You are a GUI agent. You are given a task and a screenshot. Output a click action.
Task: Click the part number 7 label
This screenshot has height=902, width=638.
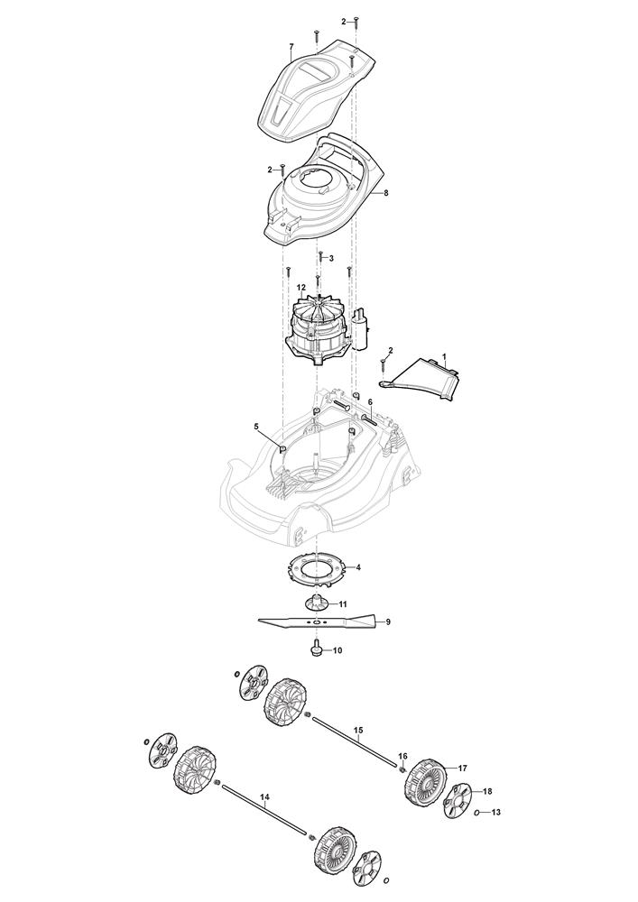click(x=291, y=46)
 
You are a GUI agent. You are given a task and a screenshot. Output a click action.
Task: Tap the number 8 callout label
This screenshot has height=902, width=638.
click(x=386, y=193)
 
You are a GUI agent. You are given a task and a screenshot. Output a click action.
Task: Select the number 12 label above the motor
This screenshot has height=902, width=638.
click(x=301, y=287)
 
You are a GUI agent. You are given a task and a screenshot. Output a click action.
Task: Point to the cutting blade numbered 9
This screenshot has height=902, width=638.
click(x=319, y=621)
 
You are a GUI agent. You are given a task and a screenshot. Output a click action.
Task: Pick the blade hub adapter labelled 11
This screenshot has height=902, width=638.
click(x=315, y=603)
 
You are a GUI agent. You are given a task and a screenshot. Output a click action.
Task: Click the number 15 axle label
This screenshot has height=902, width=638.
click(x=358, y=732)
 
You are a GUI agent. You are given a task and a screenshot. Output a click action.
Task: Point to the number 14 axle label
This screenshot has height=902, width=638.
click(x=264, y=797)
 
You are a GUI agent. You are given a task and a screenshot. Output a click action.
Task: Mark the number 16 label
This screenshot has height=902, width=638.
click(x=402, y=756)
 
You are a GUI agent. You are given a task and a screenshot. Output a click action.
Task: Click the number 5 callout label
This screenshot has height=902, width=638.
click(x=256, y=427)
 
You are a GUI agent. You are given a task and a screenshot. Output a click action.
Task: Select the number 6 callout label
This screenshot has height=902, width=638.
click(x=370, y=401)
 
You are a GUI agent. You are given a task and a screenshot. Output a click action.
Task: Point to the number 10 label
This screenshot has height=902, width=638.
click(x=337, y=650)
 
